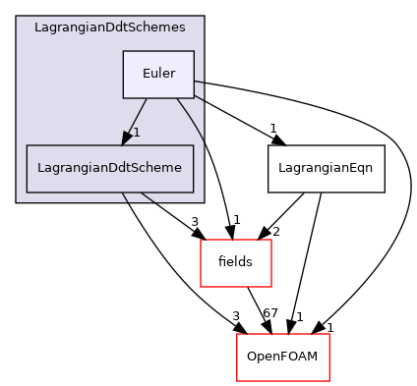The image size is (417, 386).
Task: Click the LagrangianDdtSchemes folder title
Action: click(x=109, y=28)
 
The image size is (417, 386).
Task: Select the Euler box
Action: click(x=158, y=74)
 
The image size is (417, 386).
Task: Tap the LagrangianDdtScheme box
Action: click(x=109, y=168)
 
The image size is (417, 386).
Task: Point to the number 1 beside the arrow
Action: click(x=137, y=133)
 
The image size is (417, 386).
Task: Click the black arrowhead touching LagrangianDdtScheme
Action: click(x=127, y=138)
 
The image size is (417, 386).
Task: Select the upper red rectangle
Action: click(x=236, y=263)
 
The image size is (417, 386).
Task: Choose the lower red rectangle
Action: click(x=282, y=358)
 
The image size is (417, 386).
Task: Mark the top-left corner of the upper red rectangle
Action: click(x=201, y=240)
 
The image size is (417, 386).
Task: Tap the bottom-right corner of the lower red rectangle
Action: click(x=328, y=381)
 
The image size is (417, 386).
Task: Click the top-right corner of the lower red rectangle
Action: click(x=328, y=335)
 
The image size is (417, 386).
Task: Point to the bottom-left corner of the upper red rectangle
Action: click(x=201, y=287)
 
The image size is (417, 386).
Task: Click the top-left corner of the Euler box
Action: click(x=123, y=51)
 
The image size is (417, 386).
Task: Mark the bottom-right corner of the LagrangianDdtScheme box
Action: click(x=193, y=193)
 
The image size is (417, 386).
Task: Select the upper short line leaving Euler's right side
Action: click(x=199, y=81)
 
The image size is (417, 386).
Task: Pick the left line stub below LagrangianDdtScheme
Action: click(x=126, y=197)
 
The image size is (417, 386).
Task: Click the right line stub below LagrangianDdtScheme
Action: click(x=147, y=197)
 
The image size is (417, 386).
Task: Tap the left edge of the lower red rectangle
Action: click(x=237, y=358)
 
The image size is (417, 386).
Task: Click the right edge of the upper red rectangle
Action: click(x=271, y=263)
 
